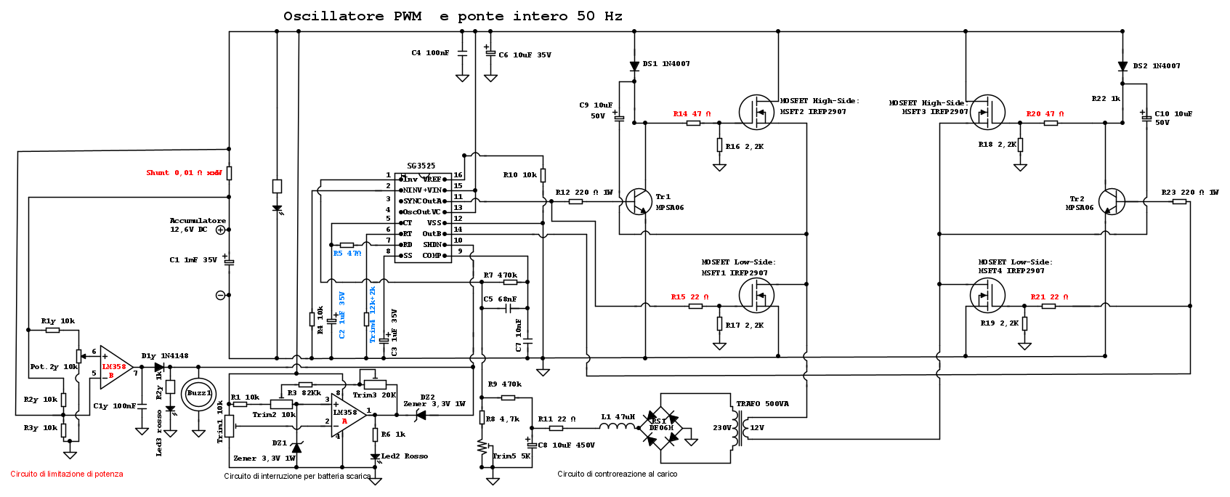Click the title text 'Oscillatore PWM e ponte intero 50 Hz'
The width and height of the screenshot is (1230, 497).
[x=453, y=16]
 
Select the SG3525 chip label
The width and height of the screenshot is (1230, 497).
[x=421, y=166]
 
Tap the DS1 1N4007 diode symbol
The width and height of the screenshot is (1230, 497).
[x=634, y=66]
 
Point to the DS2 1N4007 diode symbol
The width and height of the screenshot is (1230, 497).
[x=1122, y=66]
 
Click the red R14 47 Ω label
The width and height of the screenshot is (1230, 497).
[x=692, y=114]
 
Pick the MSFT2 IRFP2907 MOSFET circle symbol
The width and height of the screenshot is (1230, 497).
[x=756, y=113]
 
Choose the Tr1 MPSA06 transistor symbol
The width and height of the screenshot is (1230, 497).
[x=639, y=201]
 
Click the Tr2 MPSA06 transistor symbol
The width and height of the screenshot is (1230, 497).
[x=1111, y=201]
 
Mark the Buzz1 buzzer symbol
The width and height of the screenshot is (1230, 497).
[x=198, y=394]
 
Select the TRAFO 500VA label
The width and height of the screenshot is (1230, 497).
[x=762, y=404]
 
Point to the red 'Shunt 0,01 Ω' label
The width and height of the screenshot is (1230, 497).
[x=184, y=173]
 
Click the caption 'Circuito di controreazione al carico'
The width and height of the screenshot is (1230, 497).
[x=617, y=474]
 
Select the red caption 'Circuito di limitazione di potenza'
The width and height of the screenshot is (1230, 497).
[x=67, y=474]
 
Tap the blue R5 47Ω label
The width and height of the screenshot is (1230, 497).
[x=347, y=254]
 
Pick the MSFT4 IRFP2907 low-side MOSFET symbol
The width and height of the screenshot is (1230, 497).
[x=987, y=295]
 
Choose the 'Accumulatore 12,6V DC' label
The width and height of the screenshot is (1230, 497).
[x=198, y=225]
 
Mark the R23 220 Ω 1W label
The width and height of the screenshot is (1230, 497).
[x=1189, y=193]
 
